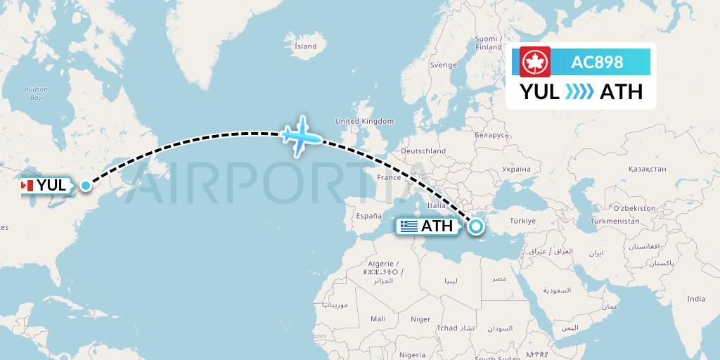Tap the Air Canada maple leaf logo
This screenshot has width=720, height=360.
point(535,62)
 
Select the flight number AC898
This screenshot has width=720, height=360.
point(598,62)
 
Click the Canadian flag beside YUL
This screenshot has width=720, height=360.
point(27,186)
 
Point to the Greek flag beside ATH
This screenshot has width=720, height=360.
point(409,226)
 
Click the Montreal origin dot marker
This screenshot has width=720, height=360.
point(86,186)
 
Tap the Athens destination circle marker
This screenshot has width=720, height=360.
point(476,226)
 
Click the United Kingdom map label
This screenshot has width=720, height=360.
point(364,121)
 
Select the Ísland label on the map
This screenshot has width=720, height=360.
point(305,46)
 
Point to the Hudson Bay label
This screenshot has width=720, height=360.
point(35,94)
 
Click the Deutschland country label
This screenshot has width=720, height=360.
point(423,151)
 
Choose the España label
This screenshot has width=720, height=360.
point(368,216)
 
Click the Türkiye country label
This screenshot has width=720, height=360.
point(522,221)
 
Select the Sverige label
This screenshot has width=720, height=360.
point(443,65)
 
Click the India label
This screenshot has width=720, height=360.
point(695,299)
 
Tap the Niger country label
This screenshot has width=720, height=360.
point(420,319)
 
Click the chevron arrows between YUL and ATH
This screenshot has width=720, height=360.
point(579,91)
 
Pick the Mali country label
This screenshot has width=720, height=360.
point(378,319)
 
